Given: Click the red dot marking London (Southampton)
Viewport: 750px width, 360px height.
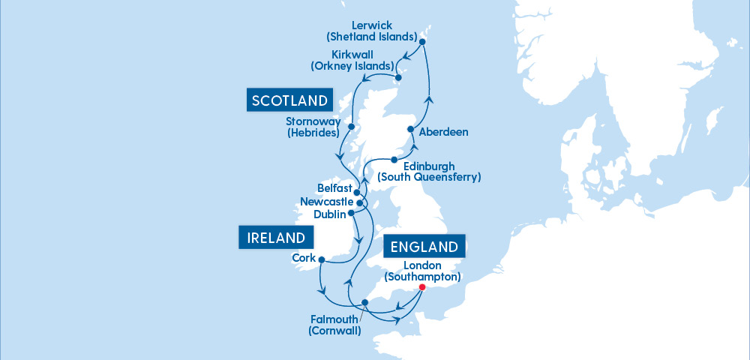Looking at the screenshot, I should point(421,287).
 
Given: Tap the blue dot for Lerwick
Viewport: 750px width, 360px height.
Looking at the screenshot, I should point(422,41).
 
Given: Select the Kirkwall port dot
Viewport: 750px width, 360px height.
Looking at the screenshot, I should point(399,77).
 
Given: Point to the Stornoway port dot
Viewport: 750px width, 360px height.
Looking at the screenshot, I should point(351,126).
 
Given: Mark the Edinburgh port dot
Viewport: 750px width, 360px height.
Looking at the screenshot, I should point(394,159).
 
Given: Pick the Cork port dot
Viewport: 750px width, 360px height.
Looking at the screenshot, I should point(321,260).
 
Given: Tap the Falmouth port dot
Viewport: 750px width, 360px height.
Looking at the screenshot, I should point(365,303).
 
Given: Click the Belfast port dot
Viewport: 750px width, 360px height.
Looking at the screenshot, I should point(356,192).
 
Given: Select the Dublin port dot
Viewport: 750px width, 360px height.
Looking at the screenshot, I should point(351,213).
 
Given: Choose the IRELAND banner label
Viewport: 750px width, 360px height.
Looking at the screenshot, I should point(275,238).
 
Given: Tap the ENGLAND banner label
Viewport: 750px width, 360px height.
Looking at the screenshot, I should point(424,247).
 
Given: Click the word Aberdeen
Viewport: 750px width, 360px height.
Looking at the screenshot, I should point(444,133).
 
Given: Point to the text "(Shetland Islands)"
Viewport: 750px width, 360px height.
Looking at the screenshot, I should point(372,36).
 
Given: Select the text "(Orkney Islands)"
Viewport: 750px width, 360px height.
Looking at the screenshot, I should point(352,66).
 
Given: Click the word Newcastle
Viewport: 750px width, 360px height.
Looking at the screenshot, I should point(326,202).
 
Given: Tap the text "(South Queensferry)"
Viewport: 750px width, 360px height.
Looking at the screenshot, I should point(429,178).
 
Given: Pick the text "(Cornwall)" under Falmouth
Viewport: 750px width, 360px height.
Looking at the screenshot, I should point(335,331).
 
